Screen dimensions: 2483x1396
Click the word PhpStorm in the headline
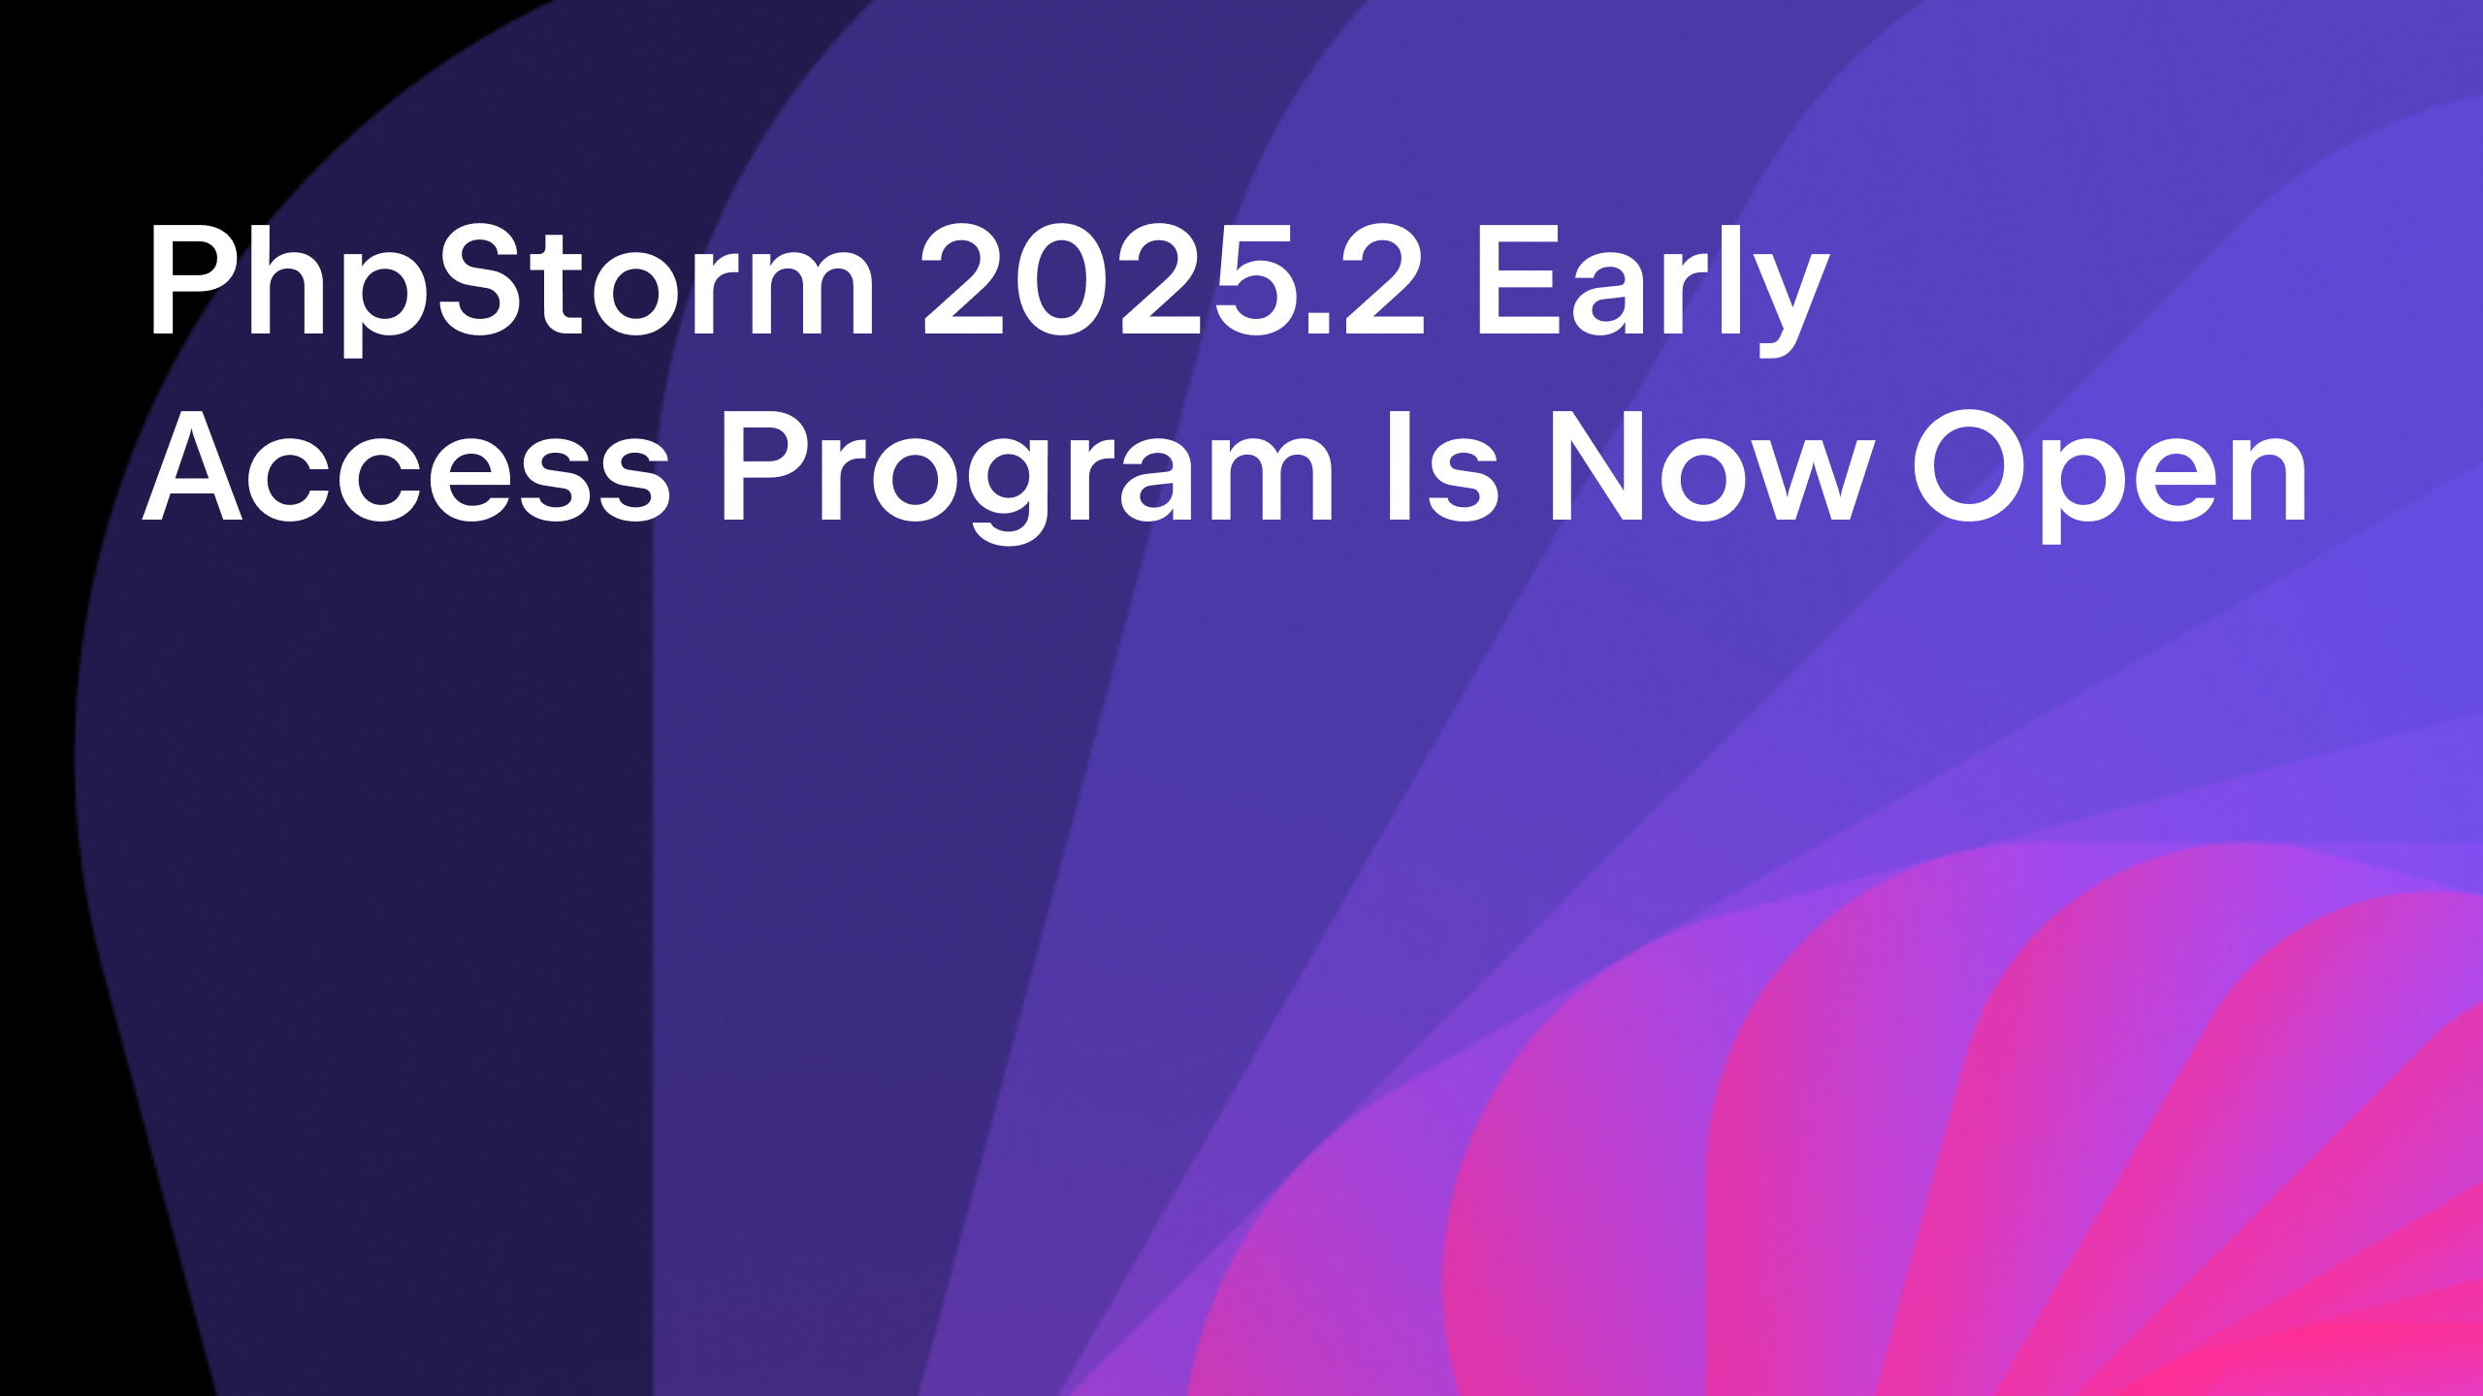[511, 288]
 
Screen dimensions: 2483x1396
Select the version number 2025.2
[1174, 280]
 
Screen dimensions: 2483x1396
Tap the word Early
[1653, 288]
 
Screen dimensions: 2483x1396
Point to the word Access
[406, 466]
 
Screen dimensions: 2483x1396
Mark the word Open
[2110, 475]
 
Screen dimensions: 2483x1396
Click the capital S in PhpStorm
[488, 279]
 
